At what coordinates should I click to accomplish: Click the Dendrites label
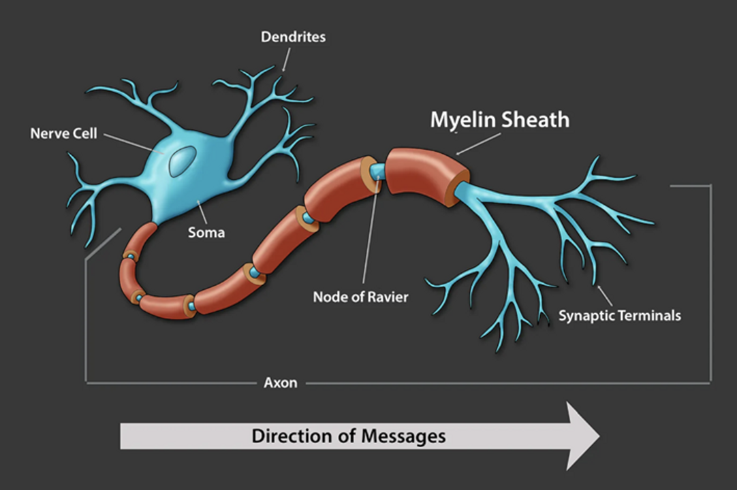[293, 37]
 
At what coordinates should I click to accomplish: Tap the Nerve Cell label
[63, 133]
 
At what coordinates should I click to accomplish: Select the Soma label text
[206, 233]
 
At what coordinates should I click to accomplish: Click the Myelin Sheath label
[499, 120]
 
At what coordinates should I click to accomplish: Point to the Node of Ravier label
[360, 297]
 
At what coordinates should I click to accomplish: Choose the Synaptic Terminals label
[619, 316]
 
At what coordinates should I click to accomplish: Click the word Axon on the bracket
[281, 382]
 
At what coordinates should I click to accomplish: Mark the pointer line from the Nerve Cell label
[133, 144]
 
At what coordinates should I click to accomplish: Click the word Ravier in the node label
[388, 297]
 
